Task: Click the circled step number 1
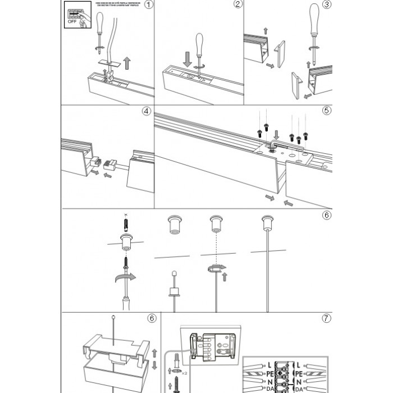(x=148, y=6)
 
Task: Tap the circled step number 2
(x=237, y=5)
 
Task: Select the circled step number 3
(x=327, y=6)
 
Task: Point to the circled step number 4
(x=147, y=111)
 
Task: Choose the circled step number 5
(x=327, y=111)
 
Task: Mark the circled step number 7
(x=327, y=318)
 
